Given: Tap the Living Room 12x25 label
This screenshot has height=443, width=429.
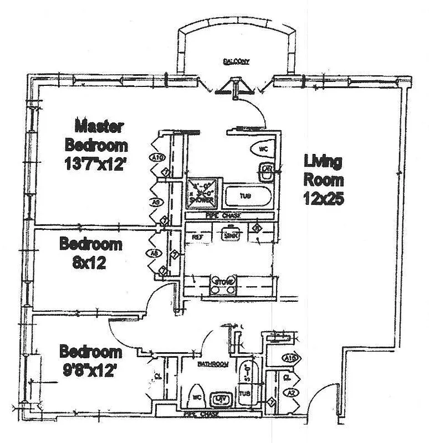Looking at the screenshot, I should click(x=323, y=179).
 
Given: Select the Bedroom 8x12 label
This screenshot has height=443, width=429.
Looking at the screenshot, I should click(x=90, y=252).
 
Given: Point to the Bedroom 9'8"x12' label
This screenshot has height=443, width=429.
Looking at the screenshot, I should click(x=90, y=360).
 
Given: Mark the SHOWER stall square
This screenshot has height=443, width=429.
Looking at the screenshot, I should click(x=202, y=192).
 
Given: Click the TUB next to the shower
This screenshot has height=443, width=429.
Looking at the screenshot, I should click(x=248, y=195).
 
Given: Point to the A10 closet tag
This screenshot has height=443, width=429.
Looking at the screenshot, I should click(x=157, y=158).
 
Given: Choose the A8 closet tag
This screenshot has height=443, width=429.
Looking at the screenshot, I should click(x=156, y=254).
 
